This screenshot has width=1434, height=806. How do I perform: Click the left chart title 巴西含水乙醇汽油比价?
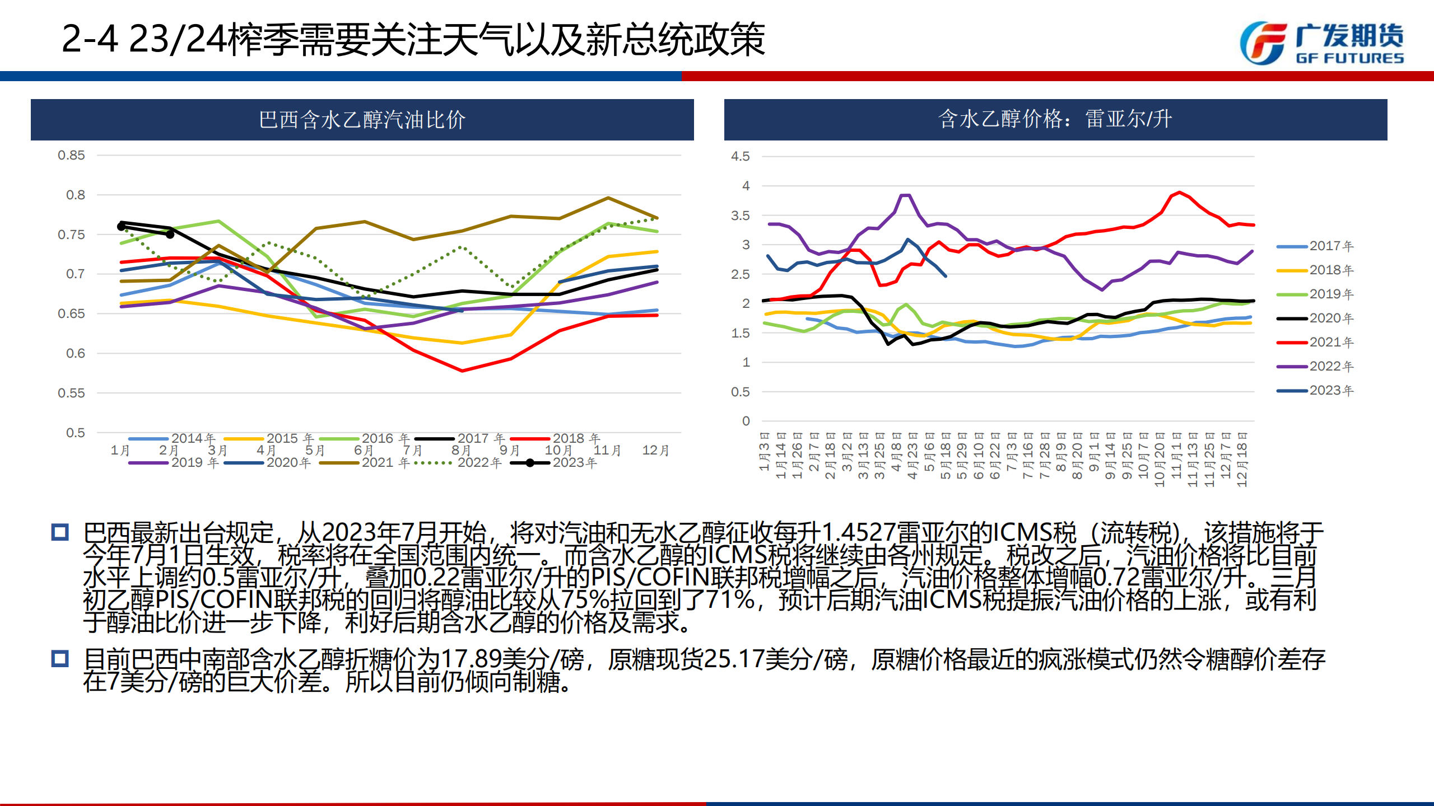click(362, 120)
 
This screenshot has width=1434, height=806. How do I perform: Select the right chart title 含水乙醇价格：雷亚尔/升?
click(1055, 119)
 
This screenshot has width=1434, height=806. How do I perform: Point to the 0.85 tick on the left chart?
click(71, 156)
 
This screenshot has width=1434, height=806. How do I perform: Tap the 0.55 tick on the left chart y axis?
click(71, 393)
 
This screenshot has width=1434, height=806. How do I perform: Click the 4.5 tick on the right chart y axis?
click(740, 157)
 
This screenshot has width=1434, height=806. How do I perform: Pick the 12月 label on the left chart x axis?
click(655, 451)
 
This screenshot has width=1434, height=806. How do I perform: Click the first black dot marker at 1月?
click(121, 226)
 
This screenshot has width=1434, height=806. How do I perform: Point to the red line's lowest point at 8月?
click(462, 371)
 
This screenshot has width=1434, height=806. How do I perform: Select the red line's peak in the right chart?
click(1180, 193)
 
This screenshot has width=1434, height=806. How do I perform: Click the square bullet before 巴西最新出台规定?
click(60, 532)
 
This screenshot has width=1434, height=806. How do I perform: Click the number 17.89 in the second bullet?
click(471, 659)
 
